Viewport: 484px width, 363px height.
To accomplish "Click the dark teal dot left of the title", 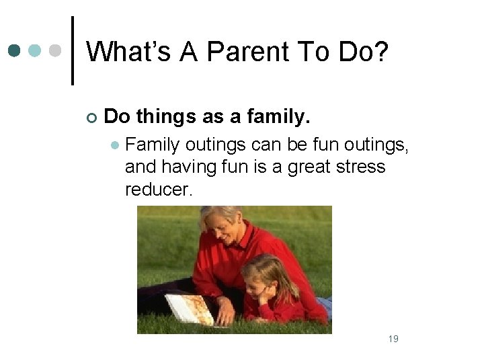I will pyautogui.click(x=15, y=50).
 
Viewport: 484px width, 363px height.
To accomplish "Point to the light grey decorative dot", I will pyautogui.click(x=56, y=50).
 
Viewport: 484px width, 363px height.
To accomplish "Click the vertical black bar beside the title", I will pyautogui.click(x=72, y=50).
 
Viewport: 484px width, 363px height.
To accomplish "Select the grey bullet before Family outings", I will pyautogui.click(x=116, y=145).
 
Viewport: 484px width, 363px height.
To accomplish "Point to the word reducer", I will pyautogui.click(x=159, y=189).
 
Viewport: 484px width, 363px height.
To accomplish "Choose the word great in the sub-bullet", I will pyautogui.click(x=311, y=166).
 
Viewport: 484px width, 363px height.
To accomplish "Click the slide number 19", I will pyautogui.click(x=393, y=339).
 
